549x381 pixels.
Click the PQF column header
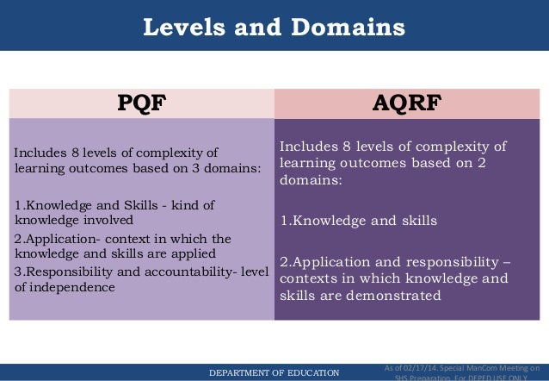tap(140, 104)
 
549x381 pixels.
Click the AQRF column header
tap(408, 104)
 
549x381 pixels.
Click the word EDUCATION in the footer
tap(315, 372)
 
